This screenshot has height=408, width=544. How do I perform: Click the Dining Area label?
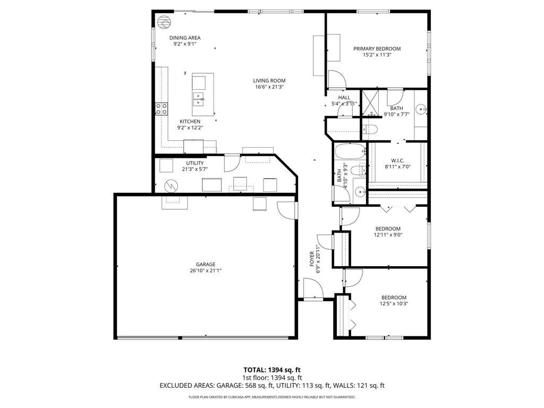185,38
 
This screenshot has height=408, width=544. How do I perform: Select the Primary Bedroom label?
377,48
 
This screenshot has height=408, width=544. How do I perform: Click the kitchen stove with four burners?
161,109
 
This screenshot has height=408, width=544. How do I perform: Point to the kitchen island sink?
199,98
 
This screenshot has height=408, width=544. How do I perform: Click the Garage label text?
206,264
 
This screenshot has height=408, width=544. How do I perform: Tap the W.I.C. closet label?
398,160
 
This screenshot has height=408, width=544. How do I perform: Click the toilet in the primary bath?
370,129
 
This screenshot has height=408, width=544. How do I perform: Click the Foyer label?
312,258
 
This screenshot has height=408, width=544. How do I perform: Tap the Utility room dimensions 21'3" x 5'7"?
194,169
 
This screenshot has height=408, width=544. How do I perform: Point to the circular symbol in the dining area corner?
164,21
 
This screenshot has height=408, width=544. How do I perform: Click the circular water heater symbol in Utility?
171,185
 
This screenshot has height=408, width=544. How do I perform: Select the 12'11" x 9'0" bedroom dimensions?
387,234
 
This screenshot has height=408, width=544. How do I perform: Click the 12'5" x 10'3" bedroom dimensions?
394,304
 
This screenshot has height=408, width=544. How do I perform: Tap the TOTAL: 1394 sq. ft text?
271,370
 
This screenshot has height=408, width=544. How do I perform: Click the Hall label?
344,97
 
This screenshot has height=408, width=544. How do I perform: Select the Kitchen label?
190,121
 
